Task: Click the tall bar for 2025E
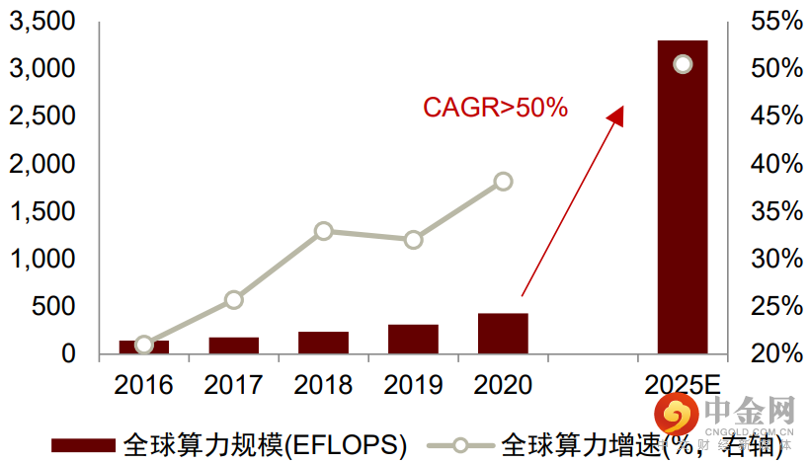[683, 197]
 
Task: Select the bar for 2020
[503, 334]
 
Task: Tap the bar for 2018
[323, 343]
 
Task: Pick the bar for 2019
[413, 339]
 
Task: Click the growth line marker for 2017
[233, 300]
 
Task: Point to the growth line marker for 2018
[323, 231]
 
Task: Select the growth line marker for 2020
[503, 181]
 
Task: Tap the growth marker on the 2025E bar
[683, 64]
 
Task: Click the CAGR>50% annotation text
[495, 108]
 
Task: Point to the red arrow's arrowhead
[616, 115]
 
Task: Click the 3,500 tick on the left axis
[40, 22]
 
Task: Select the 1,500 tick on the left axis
[40, 211]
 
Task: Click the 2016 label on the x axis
[144, 384]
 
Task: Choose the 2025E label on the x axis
[683, 384]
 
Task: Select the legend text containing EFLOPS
[265, 444]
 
